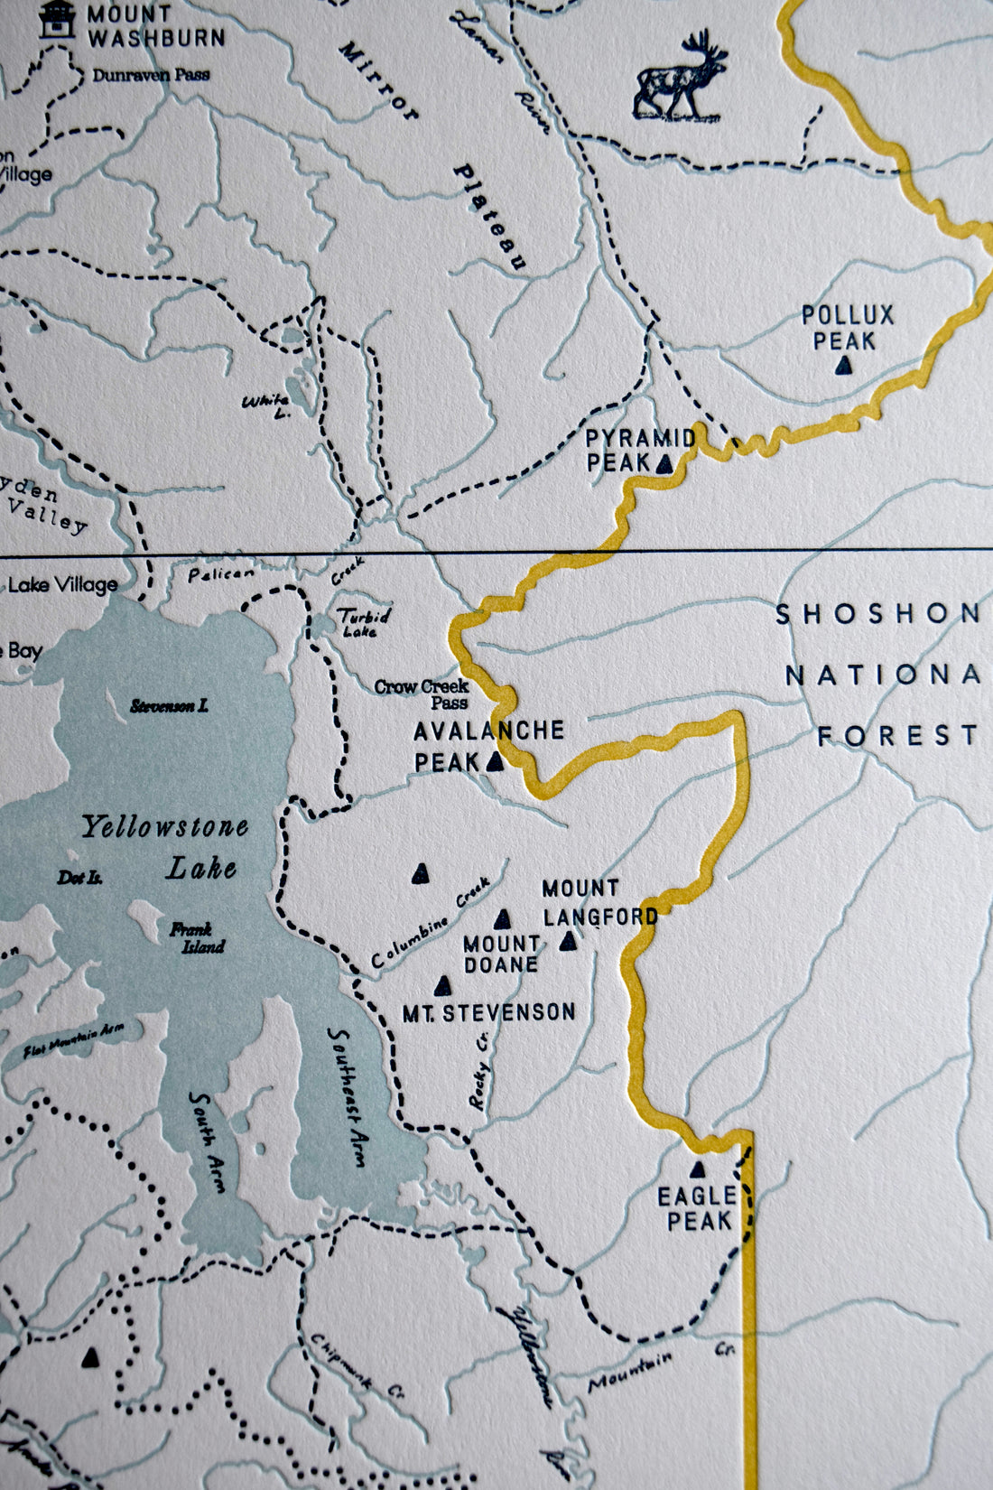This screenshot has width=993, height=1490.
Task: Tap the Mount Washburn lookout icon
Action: pyautogui.click(x=56, y=20)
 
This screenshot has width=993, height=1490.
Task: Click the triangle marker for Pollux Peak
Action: pyautogui.click(x=844, y=366)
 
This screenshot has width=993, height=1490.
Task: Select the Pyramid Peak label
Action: pyautogui.click(x=639, y=450)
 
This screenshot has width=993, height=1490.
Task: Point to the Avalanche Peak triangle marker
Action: pyautogui.click(x=495, y=762)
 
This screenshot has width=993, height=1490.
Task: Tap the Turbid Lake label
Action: pyautogui.click(x=364, y=621)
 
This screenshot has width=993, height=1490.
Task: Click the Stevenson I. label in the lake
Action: pyautogui.click(x=169, y=706)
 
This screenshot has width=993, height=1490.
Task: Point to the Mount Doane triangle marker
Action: pyautogui.click(x=504, y=919)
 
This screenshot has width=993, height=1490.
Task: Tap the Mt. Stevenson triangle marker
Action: pyautogui.click(x=442, y=985)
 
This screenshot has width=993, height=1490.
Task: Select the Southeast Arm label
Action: pyautogui.click(x=347, y=1097)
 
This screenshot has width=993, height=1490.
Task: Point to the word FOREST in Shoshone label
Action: pyautogui.click(x=897, y=736)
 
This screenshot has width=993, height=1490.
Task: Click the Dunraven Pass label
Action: pyautogui.click(x=151, y=75)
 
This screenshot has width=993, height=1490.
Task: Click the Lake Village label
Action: pyautogui.click(x=63, y=585)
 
